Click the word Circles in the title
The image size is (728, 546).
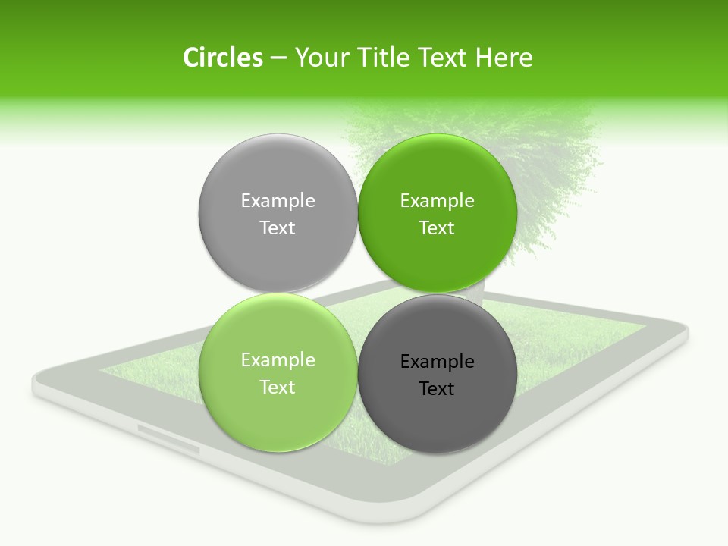223,58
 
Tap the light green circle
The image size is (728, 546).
278,417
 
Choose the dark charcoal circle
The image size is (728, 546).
438,421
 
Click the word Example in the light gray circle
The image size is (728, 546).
278,201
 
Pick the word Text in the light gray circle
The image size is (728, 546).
278,228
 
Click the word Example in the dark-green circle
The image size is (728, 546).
438,201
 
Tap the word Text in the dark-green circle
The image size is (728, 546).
438,228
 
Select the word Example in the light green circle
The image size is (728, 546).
278,360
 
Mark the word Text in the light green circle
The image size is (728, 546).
278,388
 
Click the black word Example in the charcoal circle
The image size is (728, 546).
438,362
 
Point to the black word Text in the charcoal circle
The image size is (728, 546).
438,389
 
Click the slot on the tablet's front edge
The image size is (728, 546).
168,438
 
